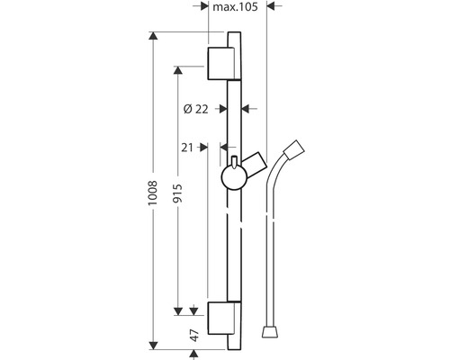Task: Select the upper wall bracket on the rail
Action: pos(222,62)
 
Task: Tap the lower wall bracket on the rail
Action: pos(222,317)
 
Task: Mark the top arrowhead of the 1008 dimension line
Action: pos(154,36)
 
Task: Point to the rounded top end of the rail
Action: pos(235,35)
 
